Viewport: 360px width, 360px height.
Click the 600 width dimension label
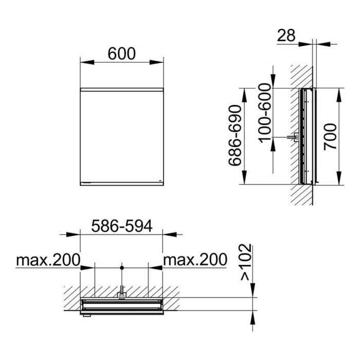(122, 53)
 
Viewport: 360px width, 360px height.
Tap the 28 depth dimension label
(286, 35)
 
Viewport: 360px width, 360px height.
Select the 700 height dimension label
(330, 137)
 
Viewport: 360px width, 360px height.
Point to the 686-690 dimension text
(235, 135)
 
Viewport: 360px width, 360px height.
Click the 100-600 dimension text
(265, 113)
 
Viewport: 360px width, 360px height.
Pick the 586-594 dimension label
(122, 226)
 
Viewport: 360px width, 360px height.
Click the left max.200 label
(48, 260)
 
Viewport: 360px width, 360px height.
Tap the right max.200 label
(195, 260)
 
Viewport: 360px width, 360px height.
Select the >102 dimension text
(246, 262)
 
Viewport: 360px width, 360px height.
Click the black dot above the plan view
(122, 268)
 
